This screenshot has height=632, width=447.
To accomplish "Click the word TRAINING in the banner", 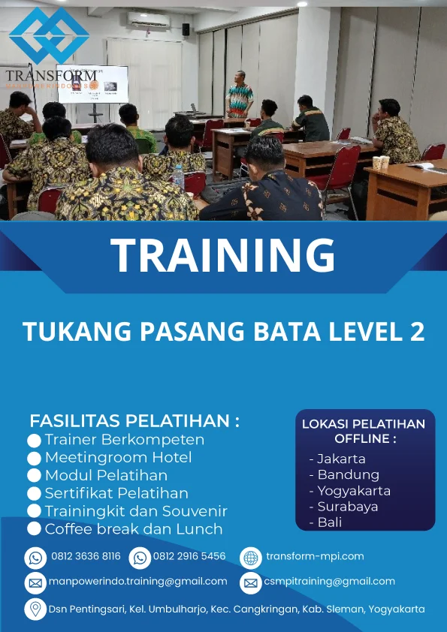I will [x=223, y=255].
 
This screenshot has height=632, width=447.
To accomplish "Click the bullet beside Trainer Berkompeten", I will [x=34, y=441].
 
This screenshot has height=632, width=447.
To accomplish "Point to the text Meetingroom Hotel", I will [x=118, y=457].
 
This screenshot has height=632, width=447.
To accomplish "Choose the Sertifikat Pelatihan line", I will [x=116, y=493].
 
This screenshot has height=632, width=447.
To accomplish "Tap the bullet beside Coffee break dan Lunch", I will [x=34, y=529].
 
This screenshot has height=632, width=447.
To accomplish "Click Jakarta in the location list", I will [x=341, y=459].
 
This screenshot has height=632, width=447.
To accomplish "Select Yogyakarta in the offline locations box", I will [x=354, y=491].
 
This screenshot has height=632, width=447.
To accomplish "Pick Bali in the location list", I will [x=330, y=522].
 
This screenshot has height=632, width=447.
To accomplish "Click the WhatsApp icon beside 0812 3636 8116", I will [x=35, y=558].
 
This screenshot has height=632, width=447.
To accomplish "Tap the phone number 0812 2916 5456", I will [x=189, y=557].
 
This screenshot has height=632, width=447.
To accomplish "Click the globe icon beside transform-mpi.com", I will [x=251, y=558].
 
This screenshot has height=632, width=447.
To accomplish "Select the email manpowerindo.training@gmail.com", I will [x=137, y=582].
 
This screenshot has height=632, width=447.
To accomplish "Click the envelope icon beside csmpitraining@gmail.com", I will [x=251, y=582].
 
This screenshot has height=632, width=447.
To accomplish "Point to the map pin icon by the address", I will [x=35, y=609].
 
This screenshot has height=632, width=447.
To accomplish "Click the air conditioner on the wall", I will [x=148, y=20].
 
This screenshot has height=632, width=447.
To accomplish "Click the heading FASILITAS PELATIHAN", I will [x=134, y=420].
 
